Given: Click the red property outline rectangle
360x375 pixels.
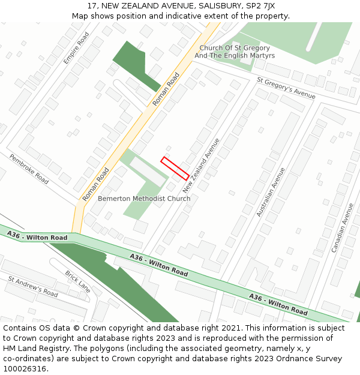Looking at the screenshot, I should click(x=175, y=168).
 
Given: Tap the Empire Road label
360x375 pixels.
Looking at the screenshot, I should click(x=76, y=49).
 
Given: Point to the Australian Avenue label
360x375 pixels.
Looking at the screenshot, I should click(x=271, y=192).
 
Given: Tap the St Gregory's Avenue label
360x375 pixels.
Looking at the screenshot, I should click(x=286, y=88).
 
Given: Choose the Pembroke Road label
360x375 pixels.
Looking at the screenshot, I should click(x=29, y=169).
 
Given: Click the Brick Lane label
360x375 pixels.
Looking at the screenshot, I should click(x=77, y=281).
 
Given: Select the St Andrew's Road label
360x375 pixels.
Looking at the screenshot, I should click(x=33, y=287).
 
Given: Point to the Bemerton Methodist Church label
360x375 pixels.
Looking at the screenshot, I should click(x=144, y=199).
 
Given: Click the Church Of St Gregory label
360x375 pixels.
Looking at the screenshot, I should click(x=235, y=48).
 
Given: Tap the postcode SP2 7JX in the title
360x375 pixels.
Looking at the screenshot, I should click(x=260, y=5).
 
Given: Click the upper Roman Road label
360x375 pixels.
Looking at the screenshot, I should click(x=166, y=89).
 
